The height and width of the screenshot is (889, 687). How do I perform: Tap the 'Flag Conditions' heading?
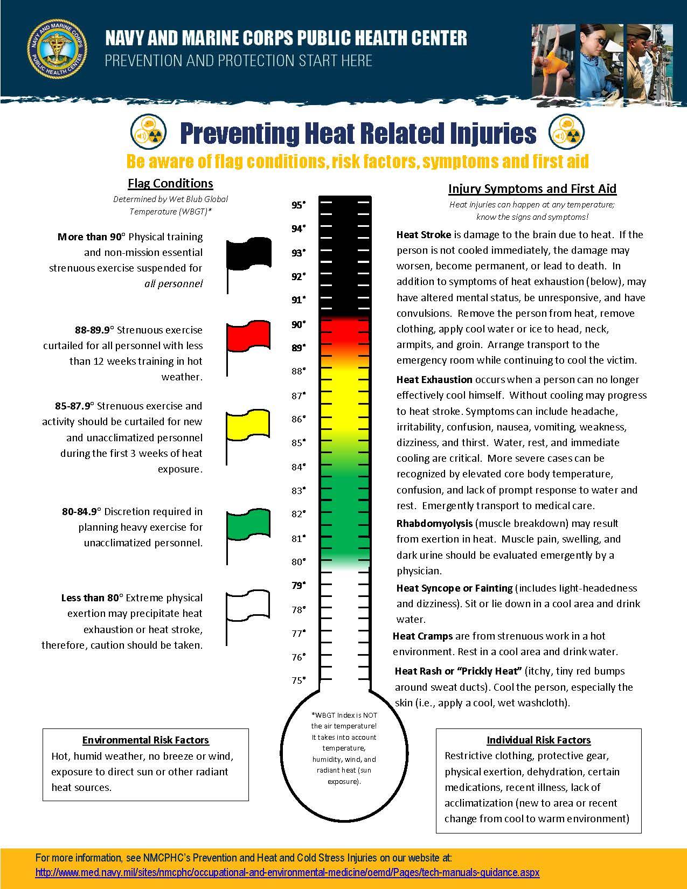[x=170, y=183]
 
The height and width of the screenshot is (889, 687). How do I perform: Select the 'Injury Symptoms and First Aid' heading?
[x=532, y=189]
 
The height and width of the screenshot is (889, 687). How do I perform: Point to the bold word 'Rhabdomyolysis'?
[x=434, y=523]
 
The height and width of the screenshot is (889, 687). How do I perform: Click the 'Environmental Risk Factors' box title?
[x=145, y=740]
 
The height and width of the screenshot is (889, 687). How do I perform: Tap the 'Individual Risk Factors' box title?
[x=538, y=740]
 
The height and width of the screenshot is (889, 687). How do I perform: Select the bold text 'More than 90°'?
[x=91, y=237]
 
